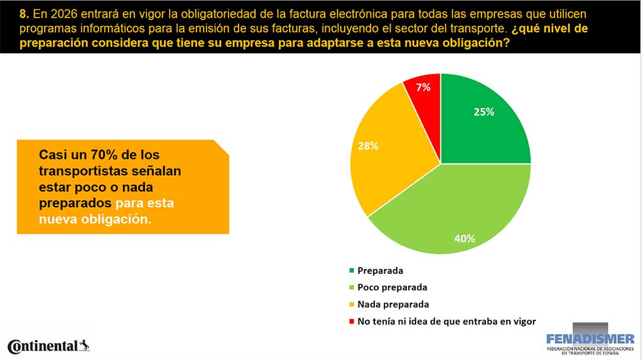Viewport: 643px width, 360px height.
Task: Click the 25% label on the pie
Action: point(484,112)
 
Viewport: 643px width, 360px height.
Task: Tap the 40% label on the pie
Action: point(465,238)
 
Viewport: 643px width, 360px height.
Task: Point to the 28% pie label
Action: point(368,146)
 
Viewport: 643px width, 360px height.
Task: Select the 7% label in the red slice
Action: point(423,87)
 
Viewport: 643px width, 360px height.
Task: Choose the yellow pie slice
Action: point(383,157)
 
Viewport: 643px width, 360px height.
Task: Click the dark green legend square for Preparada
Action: point(351,271)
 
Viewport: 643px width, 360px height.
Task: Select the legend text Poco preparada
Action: point(392,287)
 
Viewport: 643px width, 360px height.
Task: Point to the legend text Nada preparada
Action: point(393,304)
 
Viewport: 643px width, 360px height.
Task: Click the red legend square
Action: point(351,321)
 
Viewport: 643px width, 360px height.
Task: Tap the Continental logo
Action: point(43,346)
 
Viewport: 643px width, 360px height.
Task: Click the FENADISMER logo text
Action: point(590,339)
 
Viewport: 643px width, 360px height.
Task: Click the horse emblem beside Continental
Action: point(85,345)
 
